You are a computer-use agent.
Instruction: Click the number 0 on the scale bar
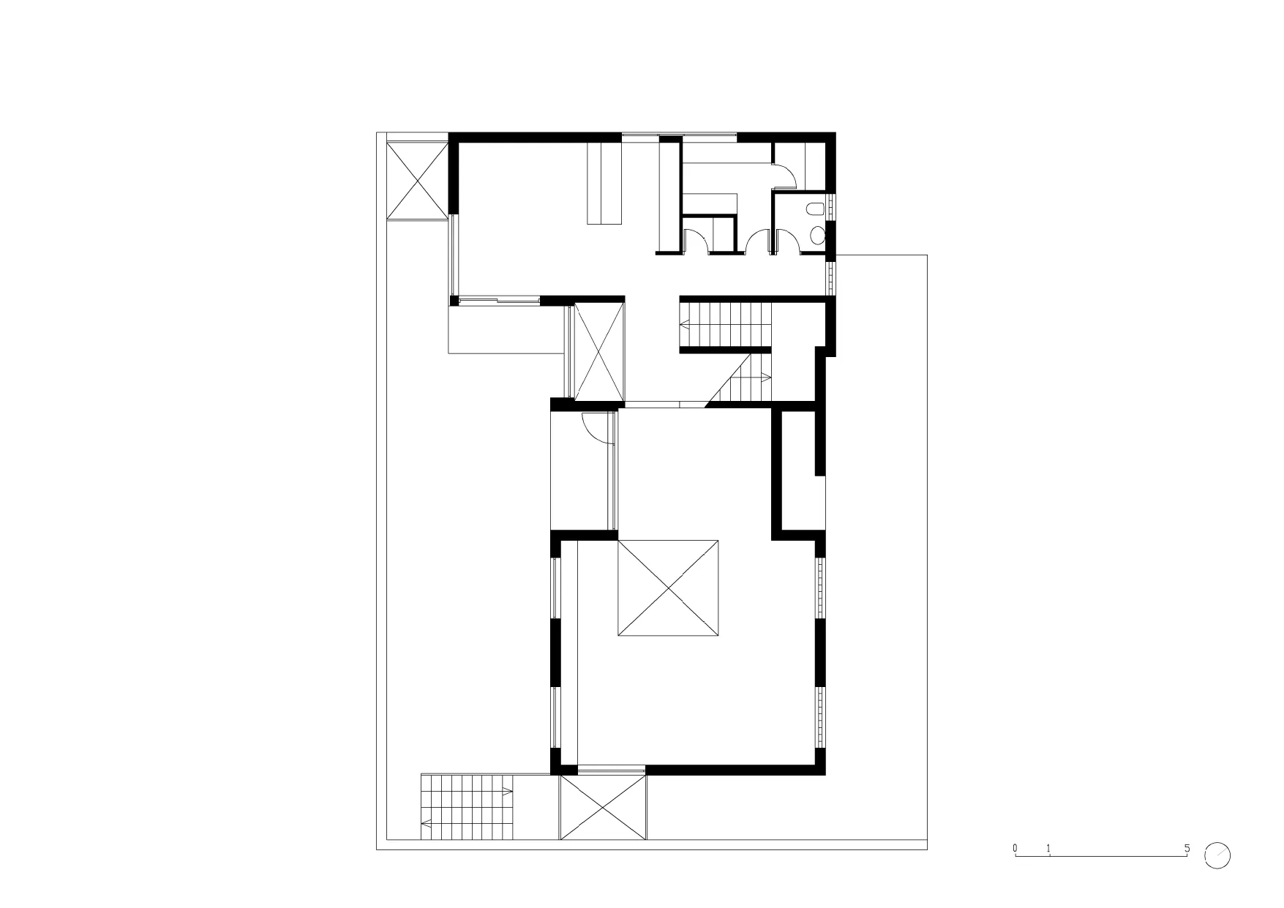[x=1015, y=848]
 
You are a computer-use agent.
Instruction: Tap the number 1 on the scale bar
[x=1049, y=849]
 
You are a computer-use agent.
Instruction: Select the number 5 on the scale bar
[x=1187, y=849]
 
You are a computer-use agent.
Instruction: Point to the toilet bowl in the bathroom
[x=814, y=209]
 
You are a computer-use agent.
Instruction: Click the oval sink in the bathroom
[x=819, y=235]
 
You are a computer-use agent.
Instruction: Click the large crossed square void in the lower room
[x=667, y=588]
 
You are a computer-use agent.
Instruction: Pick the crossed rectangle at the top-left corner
[x=416, y=179]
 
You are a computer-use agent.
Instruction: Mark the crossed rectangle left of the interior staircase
[x=599, y=351]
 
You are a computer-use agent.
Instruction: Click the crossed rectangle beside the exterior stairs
[x=603, y=817]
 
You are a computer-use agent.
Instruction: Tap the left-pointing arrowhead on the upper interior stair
[x=684, y=323]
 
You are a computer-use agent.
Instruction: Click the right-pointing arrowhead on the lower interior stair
[x=766, y=378]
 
